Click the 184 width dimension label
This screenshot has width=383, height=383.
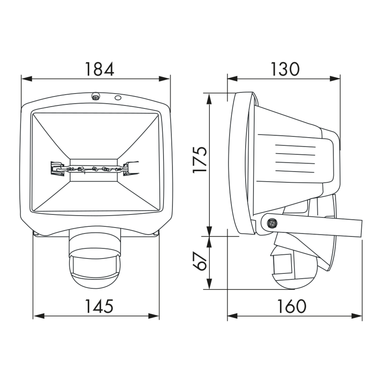pyautogui.click(x=99, y=69)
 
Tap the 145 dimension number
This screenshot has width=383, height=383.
pyautogui.click(x=99, y=306)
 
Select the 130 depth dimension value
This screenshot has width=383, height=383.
pyautogui.click(x=285, y=69)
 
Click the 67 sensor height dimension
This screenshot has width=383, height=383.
pyautogui.click(x=200, y=262)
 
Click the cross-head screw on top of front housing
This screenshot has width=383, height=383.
pyautogui.click(x=95, y=97)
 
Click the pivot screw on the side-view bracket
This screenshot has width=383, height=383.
pyautogui.click(x=272, y=223)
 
